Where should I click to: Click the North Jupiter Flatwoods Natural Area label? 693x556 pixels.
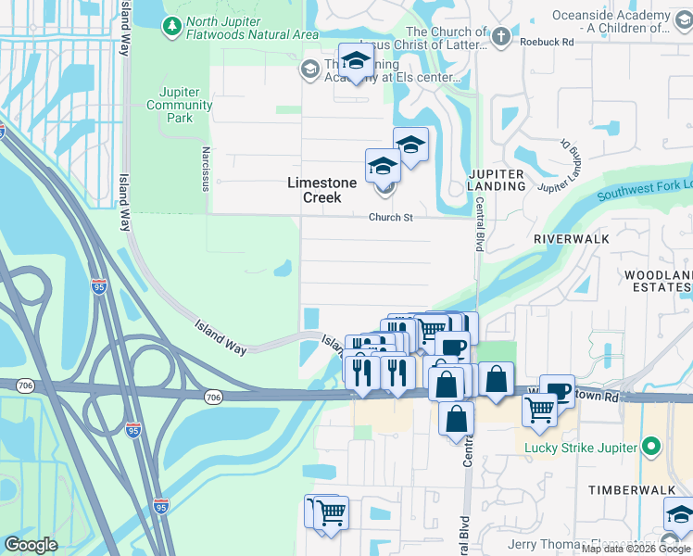point(252,28)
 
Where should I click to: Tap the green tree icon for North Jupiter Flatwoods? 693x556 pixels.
point(170,28)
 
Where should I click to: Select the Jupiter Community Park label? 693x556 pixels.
point(180,106)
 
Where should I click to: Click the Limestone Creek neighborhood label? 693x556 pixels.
point(321,190)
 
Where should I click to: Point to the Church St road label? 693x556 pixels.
point(390,218)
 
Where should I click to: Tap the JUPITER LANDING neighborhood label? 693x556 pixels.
point(497,180)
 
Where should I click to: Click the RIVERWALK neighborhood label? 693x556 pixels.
point(572,238)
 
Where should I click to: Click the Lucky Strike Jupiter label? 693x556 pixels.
point(580,449)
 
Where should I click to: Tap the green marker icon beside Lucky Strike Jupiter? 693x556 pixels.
point(652,448)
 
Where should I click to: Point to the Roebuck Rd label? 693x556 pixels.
point(548,42)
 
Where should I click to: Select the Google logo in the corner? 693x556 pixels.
point(31,545)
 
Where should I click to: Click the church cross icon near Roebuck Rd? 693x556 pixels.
point(501,37)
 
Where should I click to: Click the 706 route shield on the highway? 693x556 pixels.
point(213,397)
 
